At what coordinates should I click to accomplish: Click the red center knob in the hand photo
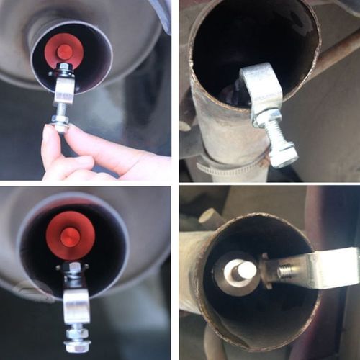click(64, 51)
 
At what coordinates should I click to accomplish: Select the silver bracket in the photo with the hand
click(63, 91)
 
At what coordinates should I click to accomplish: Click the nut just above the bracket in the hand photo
click(61, 73)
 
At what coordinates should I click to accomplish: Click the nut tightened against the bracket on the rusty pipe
click(268, 117)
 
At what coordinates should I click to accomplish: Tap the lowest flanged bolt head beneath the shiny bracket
click(76, 346)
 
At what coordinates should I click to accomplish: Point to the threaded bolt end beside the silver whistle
click(285, 271)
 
